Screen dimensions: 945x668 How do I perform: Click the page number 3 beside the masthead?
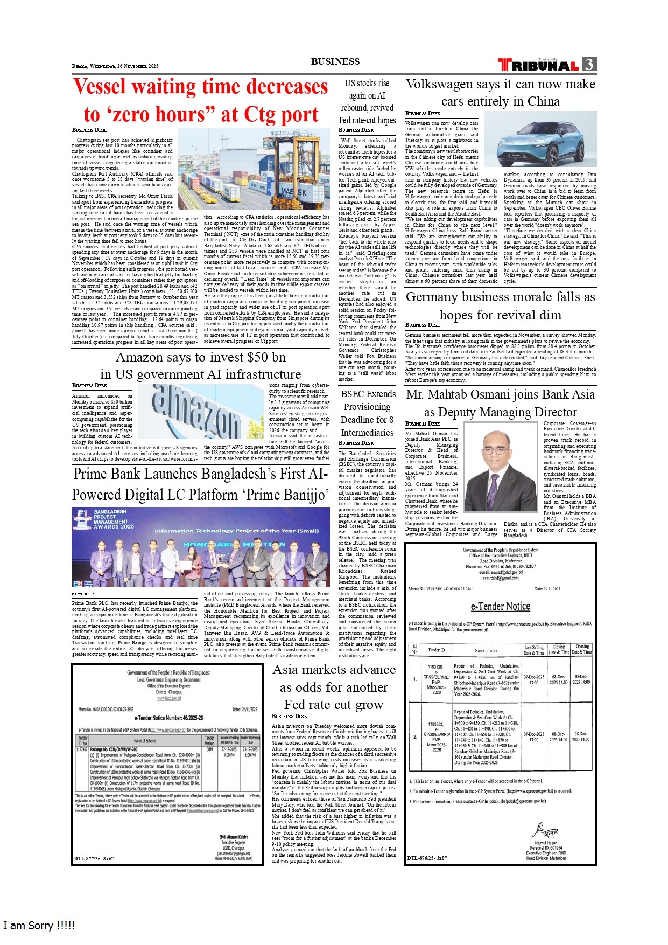[589, 65]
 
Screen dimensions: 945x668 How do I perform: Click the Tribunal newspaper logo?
[538, 65]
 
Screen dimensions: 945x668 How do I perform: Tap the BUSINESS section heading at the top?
[335, 61]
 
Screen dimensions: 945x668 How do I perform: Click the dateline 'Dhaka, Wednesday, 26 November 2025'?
[115, 66]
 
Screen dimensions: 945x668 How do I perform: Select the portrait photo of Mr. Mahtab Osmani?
[500, 467]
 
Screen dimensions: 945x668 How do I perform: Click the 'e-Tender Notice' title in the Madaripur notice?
[500, 606]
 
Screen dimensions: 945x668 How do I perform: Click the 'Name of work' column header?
[486, 650]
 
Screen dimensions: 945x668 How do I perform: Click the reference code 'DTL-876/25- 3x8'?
[427, 858]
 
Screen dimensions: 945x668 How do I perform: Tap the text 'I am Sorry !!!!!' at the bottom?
[39, 926]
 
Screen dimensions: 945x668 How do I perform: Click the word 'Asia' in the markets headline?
[288, 670]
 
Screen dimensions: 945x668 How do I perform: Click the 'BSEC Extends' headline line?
[368, 394]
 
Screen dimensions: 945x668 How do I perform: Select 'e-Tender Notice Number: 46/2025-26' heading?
[168, 718]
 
